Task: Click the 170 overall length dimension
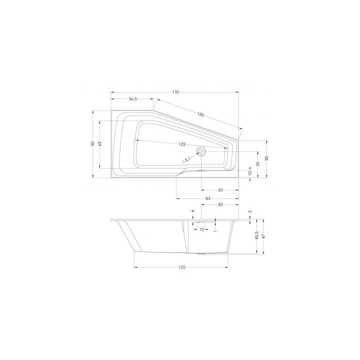click(175, 92)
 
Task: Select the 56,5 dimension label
click(132, 99)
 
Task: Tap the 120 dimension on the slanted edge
click(200, 114)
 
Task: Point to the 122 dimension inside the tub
click(182, 144)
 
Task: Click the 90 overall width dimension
click(93, 143)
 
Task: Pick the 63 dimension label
click(99, 144)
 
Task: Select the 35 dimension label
click(258, 164)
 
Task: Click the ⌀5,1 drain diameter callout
click(186, 160)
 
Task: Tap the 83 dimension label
click(208, 198)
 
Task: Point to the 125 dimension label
click(181, 267)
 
